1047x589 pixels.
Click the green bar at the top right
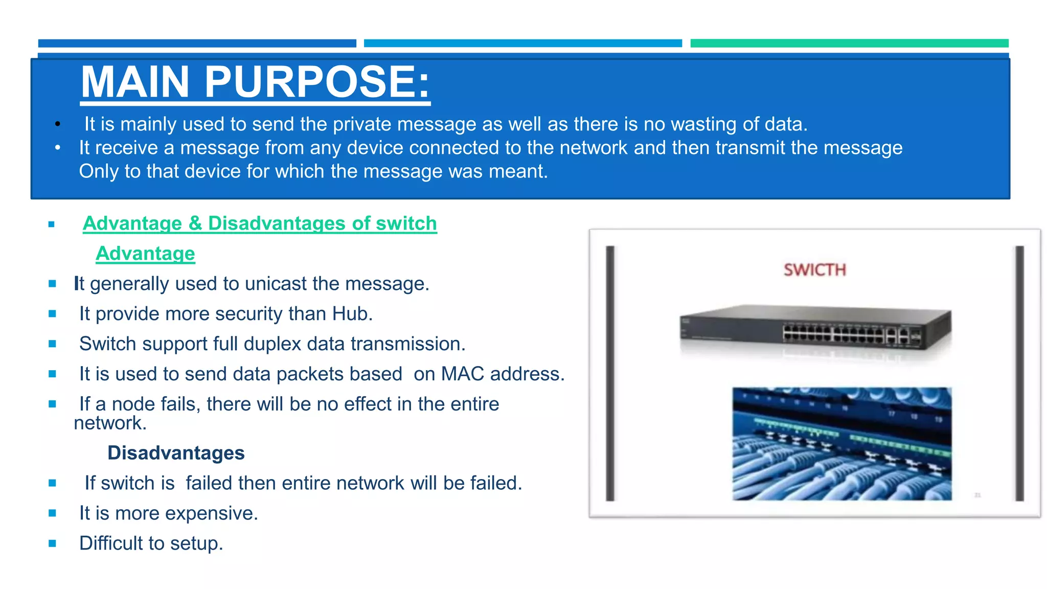click(x=849, y=43)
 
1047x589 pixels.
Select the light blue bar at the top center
click(x=522, y=43)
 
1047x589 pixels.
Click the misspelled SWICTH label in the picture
click(x=815, y=269)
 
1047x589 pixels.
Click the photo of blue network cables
click(x=841, y=444)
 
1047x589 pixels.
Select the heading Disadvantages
click(x=176, y=453)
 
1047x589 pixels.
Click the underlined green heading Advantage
click(x=145, y=254)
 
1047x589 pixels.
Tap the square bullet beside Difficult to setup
click(x=52, y=543)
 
